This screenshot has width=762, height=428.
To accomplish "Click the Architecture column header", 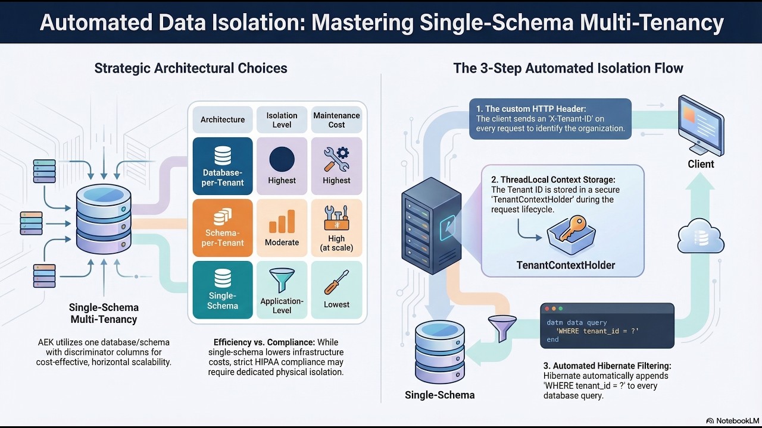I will [x=223, y=119].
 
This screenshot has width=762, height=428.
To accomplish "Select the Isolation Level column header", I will [x=282, y=119].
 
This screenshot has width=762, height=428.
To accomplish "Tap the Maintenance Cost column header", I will [x=336, y=119].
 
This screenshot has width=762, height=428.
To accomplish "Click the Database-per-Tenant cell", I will [x=223, y=166].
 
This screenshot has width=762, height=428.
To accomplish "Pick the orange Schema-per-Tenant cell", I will [x=223, y=228].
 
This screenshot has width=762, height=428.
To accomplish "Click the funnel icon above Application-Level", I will [x=282, y=279].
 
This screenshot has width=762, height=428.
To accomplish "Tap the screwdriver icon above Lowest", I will [x=336, y=282].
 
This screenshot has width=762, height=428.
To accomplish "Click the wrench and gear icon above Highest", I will [x=336, y=159].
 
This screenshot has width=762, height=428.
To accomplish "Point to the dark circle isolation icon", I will [x=282, y=159].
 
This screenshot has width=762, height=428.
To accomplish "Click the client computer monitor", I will [x=701, y=125].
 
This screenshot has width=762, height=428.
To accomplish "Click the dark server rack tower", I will [x=431, y=226].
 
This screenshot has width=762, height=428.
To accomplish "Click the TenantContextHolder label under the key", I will [x=566, y=265].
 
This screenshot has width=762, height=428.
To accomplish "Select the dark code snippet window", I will [x=607, y=326].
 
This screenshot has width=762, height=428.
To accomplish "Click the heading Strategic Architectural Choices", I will [x=190, y=68].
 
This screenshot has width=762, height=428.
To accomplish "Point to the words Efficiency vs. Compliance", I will [x=264, y=342].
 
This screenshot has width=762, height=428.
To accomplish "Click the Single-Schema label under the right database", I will [x=439, y=395].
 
